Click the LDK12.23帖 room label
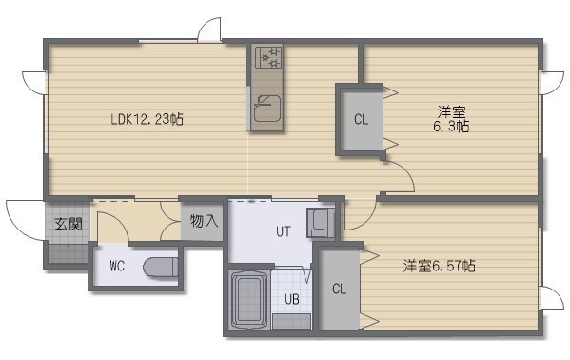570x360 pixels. tap(147, 119)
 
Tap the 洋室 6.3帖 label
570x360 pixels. tap(451, 119)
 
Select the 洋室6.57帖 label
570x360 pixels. tap(439, 266)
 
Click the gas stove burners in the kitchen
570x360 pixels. tap(268, 57)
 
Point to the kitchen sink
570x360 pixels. tap(267, 109)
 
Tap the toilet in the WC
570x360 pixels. tap(160, 268)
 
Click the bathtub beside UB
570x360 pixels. tap(248, 300)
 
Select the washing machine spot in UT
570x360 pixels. tap(321, 223)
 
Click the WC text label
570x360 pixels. tap(117, 267)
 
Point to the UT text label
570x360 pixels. tap(284, 231)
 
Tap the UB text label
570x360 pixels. tap(292, 299)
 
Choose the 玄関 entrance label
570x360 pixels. tap(68, 224)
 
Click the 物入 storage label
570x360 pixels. tap(204, 221)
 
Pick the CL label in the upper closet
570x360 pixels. tap(361, 119)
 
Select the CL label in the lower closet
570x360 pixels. tap(339, 289)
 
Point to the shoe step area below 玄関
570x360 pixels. tap(68, 253)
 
